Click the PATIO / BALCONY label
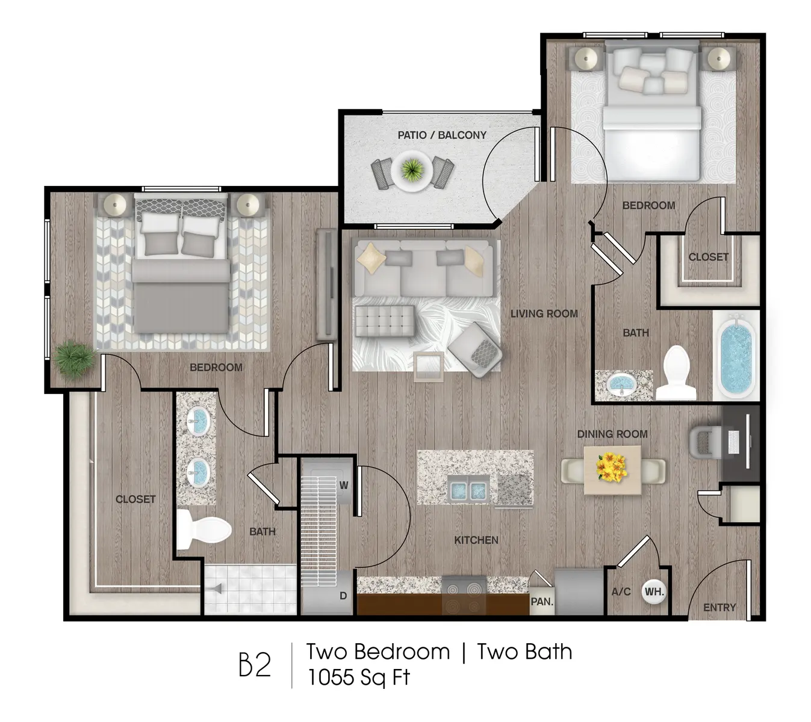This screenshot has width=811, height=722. [x=441, y=135]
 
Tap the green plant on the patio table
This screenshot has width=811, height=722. [x=411, y=170]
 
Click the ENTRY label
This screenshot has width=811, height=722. [x=719, y=608]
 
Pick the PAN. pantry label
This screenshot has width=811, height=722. [x=542, y=601]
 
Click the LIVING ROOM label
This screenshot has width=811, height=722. [x=544, y=313]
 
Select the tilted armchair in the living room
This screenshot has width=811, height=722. [x=475, y=350]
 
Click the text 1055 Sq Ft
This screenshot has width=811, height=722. [x=358, y=677]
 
